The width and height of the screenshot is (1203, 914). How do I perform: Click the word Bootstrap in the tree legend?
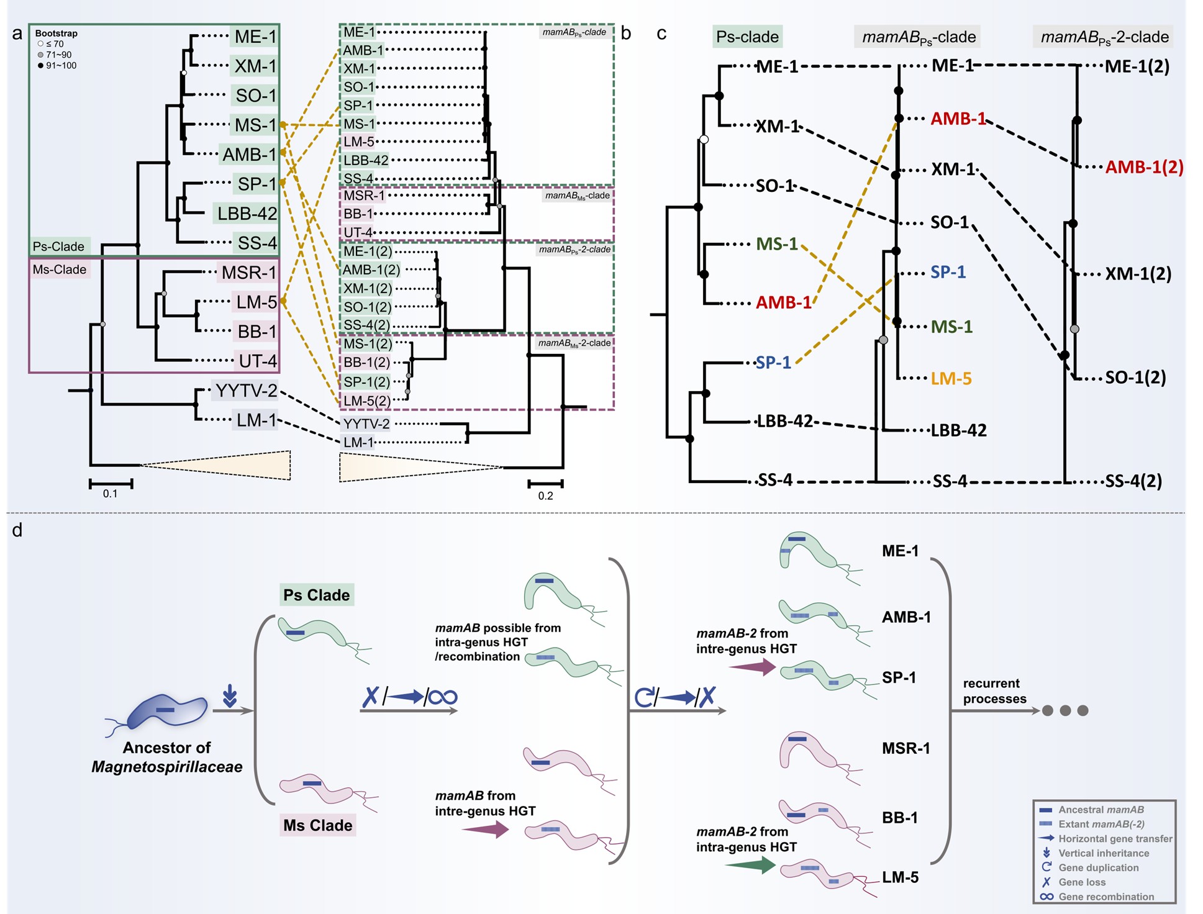tap(56, 34)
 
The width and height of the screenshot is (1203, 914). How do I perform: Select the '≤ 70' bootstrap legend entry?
tap(55, 44)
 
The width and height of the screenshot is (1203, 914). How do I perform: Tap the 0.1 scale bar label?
tap(110, 494)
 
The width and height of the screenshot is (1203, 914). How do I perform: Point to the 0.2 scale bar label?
tap(545, 495)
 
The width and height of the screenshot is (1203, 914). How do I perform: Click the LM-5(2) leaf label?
tap(367, 401)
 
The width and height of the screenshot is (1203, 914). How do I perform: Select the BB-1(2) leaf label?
tap(367, 363)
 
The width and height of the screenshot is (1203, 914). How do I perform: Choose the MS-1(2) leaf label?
tap(368, 344)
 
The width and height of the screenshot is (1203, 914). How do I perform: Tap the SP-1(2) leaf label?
tap(367, 382)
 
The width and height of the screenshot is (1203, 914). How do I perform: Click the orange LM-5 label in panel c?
tap(951, 378)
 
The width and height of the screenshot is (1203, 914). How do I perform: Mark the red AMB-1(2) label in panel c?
tap(1144, 167)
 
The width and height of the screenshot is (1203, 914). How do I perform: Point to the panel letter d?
tap(17, 530)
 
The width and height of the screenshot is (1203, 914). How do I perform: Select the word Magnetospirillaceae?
tap(167, 767)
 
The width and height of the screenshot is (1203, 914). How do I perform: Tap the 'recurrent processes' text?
tap(994, 691)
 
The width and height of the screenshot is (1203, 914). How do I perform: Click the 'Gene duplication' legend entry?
tap(1098, 867)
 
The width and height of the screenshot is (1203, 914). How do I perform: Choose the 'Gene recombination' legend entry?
tap(1105, 897)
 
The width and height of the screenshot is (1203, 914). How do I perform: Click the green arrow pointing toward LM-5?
tap(750, 864)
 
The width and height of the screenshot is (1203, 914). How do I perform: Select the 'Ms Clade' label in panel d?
tap(317, 825)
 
